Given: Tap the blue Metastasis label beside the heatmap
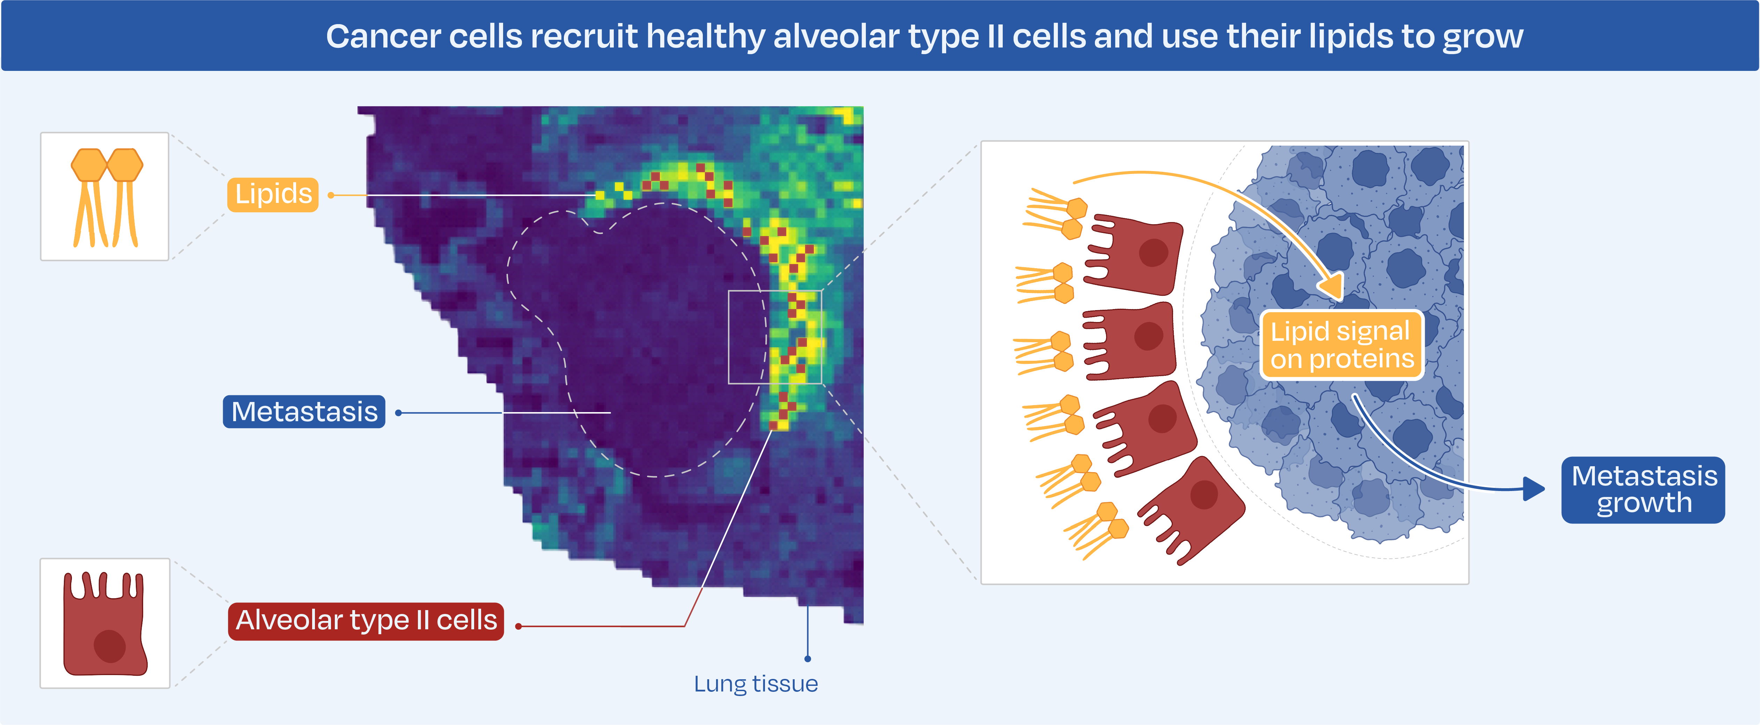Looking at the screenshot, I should [304, 412].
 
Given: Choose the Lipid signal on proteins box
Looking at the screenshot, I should [1341, 345].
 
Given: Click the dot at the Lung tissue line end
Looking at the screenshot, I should [808, 659].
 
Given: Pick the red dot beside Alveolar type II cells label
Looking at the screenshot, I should [518, 626].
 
